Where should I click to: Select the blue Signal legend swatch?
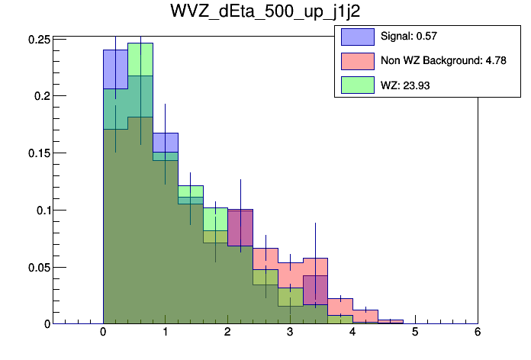(357, 36)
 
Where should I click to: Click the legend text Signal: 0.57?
(408, 36)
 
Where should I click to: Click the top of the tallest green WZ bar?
(140, 43)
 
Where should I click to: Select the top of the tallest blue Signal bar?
(115, 51)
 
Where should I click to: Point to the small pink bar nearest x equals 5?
(390, 321)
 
